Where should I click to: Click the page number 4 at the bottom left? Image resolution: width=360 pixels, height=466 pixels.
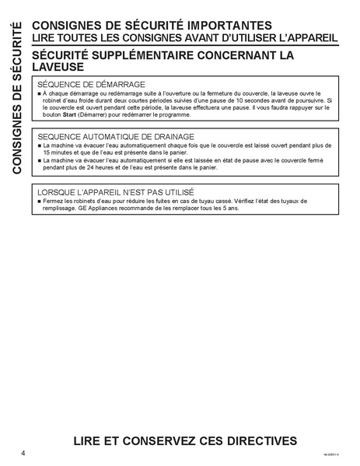click(x=24, y=452)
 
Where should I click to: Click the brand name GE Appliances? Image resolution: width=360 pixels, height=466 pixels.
click(x=104, y=209)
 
